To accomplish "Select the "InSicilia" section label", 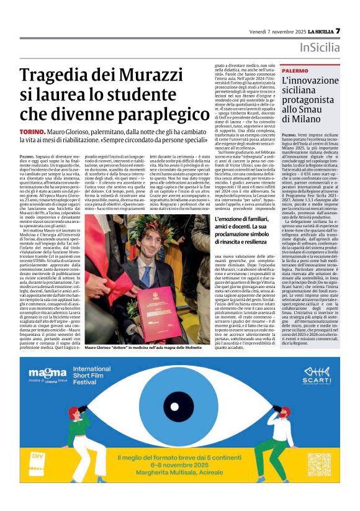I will [x=320, y=48].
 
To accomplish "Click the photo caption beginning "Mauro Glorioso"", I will [x=144, y=348].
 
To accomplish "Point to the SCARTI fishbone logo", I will [x=316, y=374].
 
